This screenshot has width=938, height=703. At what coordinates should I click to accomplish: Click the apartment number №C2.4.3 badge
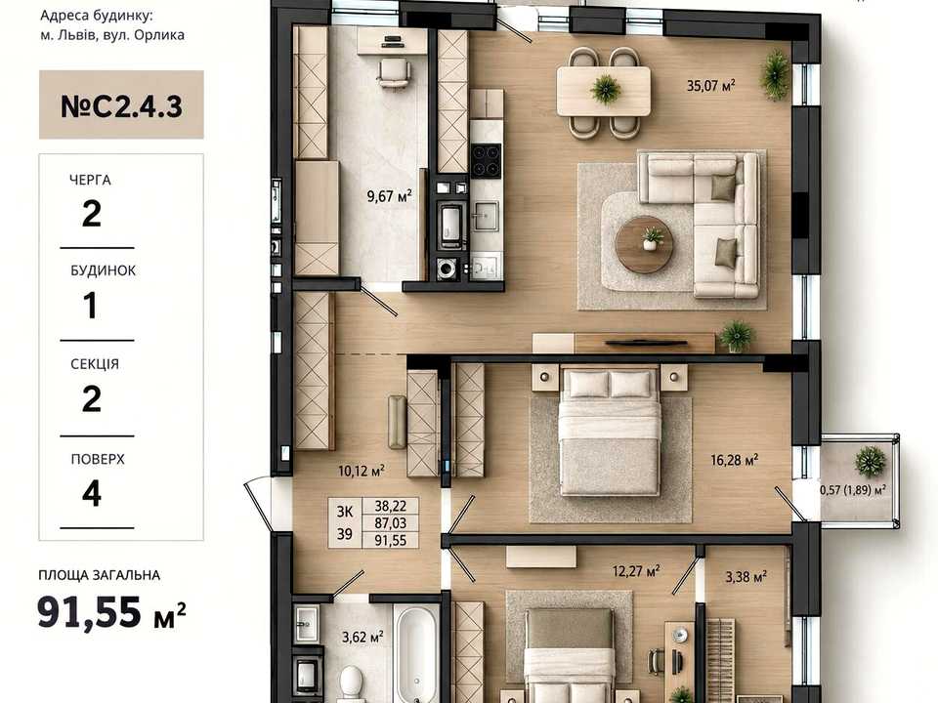click(x=121, y=104)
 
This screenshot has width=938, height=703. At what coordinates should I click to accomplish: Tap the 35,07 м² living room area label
click(x=710, y=85)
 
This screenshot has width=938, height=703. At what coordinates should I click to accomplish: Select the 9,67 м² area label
click(x=390, y=195)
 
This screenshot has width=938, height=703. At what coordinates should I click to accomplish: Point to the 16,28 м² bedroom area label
click(x=735, y=460)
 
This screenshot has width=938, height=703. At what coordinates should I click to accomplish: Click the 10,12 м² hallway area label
click(x=362, y=471)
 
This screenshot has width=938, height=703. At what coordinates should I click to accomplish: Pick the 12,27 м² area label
click(x=636, y=571)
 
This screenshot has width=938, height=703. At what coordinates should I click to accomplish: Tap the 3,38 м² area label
click(x=746, y=577)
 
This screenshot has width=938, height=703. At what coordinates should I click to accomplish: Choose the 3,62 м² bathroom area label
click(x=362, y=638)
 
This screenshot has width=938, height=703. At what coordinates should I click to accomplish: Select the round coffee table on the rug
click(x=644, y=244)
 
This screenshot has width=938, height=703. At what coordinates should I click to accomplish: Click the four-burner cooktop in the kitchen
click(x=486, y=160)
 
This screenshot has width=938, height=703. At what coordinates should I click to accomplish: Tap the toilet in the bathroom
click(x=351, y=682)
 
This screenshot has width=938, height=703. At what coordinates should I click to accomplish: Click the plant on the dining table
click(x=606, y=89)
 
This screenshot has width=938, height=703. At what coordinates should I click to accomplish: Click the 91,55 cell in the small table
click(x=391, y=540)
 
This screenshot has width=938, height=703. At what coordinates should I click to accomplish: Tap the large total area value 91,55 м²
click(x=111, y=613)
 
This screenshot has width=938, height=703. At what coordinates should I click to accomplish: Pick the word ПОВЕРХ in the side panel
click(x=98, y=459)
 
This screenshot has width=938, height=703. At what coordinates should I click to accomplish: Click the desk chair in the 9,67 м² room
click(x=394, y=73)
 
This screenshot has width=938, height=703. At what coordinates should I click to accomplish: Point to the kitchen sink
click(x=485, y=216)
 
